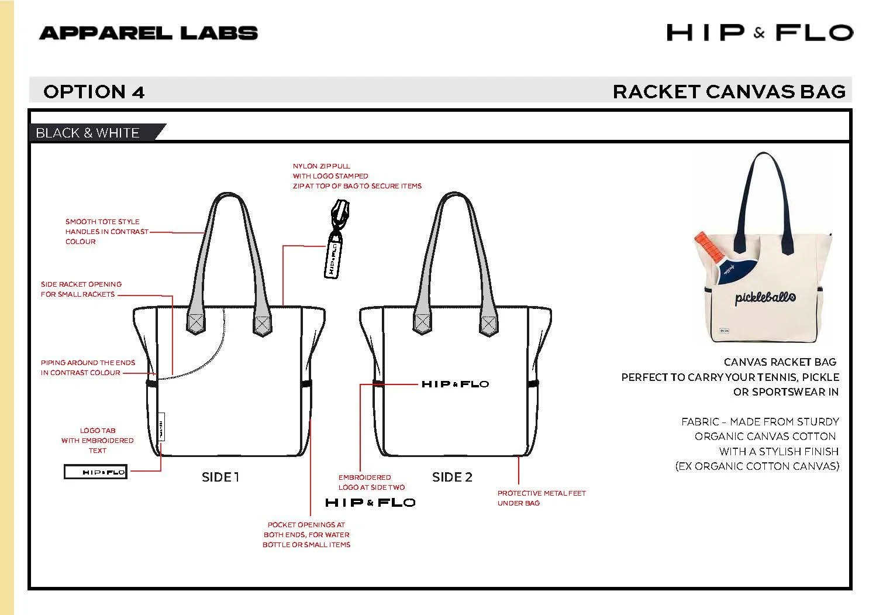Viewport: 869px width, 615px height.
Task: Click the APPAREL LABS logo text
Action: coord(149,33)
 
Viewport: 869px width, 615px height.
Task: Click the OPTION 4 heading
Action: coord(94,92)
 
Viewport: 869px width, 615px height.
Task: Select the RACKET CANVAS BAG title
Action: coord(729,92)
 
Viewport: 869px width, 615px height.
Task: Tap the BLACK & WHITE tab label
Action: coord(88,133)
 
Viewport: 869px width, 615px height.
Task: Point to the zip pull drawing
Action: coord(336,238)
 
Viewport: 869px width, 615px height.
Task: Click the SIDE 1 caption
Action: coord(220,477)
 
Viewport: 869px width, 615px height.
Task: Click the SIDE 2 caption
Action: coord(453,477)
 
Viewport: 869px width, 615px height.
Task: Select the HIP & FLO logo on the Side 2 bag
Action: coord(456,384)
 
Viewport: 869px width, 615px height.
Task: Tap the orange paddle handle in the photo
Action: coord(709,246)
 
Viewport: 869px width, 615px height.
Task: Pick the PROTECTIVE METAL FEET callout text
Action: coord(542,498)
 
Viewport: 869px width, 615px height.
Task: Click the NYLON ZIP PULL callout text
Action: coord(357,176)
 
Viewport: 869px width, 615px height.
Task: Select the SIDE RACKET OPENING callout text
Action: coord(81,289)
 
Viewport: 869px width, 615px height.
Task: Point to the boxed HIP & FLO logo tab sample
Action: coord(95,472)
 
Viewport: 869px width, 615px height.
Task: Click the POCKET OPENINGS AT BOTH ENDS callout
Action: coord(306,535)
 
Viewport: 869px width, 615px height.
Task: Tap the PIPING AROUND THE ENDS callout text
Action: coord(88,367)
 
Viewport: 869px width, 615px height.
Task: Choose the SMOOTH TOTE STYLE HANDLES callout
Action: coord(106,231)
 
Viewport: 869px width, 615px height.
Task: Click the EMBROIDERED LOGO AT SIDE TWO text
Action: coord(372,482)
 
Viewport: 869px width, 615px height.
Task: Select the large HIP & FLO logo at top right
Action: coord(760,33)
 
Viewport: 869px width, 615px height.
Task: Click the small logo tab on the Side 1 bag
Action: coord(161,427)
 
